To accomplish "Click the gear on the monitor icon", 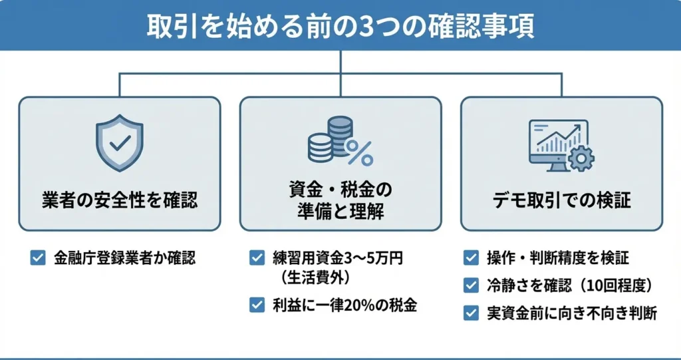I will (582, 157).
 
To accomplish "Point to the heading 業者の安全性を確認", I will (120, 200).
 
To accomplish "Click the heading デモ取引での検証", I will (561, 200).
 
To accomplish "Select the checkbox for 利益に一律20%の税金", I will (257, 305).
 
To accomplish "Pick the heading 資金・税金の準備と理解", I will (340, 200).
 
